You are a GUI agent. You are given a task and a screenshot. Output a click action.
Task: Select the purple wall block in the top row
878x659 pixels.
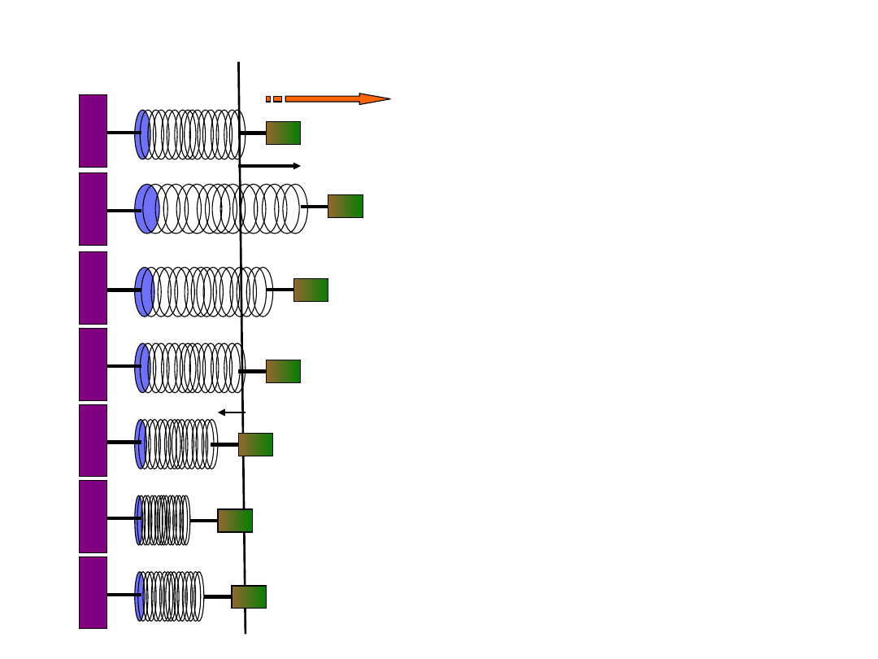(93, 131)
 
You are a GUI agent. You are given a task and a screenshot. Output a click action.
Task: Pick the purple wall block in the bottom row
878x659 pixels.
(93, 592)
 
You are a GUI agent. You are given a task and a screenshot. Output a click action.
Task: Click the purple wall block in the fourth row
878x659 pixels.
(93, 364)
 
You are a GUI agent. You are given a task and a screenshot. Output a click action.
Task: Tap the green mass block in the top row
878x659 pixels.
(283, 133)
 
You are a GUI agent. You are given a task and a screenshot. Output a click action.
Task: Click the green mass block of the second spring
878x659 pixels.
(345, 206)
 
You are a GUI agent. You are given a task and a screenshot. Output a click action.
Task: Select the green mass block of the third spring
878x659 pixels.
(311, 290)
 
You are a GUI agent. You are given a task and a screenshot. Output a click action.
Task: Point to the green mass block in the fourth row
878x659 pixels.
(283, 371)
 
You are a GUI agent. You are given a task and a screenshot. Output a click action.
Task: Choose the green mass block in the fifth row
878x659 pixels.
(255, 444)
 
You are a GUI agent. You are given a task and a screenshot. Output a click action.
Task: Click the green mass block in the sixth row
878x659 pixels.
(235, 521)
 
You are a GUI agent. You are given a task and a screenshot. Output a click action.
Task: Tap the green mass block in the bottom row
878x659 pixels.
(249, 596)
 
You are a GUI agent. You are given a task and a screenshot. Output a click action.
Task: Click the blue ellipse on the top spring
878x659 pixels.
(142, 134)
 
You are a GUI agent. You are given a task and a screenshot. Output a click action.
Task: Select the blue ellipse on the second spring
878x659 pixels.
(146, 209)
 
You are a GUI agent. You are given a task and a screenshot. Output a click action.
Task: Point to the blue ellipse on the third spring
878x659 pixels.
(144, 291)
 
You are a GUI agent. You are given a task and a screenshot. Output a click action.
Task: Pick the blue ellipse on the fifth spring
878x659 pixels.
(141, 444)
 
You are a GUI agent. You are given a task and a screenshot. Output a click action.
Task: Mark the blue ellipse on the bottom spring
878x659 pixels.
(139, 596)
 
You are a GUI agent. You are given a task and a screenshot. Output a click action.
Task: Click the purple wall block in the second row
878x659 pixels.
(93, 209)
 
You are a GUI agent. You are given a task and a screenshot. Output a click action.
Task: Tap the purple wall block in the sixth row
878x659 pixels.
(93, 517)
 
